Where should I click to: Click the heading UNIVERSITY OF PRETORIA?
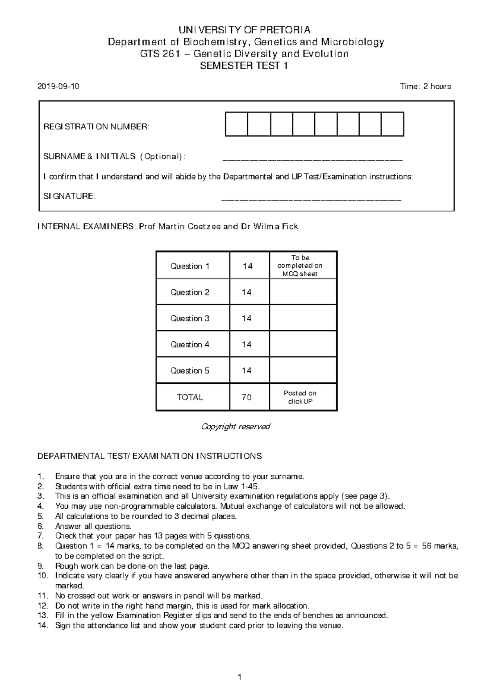point(244,30)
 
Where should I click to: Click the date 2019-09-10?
point(59,86)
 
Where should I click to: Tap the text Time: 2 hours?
point(426,86)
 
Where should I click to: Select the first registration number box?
point(236,124)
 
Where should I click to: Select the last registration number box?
point(392,124)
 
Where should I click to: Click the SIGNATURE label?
point(69,196)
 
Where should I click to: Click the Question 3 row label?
point(190,318)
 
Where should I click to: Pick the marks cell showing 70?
point(247,397)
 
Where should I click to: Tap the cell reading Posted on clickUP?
point(300,397)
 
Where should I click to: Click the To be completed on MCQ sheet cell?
point(300,266)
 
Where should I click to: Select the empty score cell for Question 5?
point(303,371)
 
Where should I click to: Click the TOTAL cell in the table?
point(190,397)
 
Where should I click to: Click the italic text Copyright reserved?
point(236,427)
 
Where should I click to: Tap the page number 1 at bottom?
point(240,677)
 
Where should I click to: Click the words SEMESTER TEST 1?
point(244,65)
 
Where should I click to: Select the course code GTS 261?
point(160,54)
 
